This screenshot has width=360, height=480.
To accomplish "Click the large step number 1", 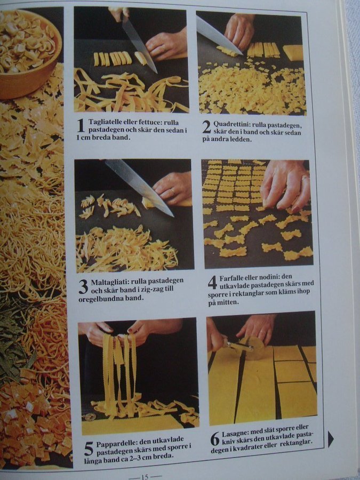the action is tap(81, 125).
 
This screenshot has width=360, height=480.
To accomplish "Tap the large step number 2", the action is tap(206, 127).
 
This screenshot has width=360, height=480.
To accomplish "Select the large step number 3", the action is tap(83, 287).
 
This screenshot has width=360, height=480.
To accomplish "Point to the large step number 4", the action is tap(212, 283).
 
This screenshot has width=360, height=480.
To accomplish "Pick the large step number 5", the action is tap(89, 449).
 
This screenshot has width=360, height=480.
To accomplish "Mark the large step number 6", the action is tap(215, 439).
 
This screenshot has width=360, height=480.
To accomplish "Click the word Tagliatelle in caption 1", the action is tap(105, 122).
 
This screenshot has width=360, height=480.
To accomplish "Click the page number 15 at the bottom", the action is tap(145, 477).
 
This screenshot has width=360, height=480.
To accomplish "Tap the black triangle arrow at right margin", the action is tap(330, 439).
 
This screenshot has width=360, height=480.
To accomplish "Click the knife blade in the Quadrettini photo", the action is tap(218, 35).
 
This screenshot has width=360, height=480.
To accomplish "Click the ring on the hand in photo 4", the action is tap(305, 177).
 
